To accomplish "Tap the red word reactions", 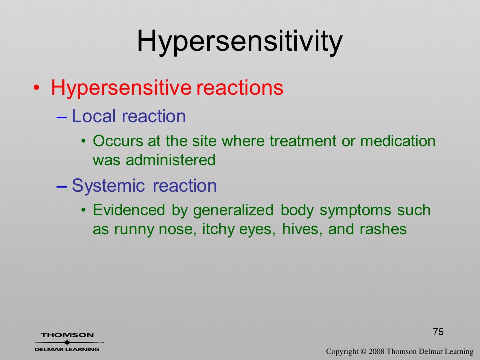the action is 240,88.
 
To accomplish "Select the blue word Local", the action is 94,116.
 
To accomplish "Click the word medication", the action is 398,141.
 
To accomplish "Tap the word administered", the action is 171,160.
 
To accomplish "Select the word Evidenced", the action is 129,210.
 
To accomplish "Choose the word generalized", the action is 233,211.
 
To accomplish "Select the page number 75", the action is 438,332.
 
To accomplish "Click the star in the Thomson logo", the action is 67,342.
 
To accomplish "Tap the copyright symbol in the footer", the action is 363,352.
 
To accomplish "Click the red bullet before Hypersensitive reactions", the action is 36,88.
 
